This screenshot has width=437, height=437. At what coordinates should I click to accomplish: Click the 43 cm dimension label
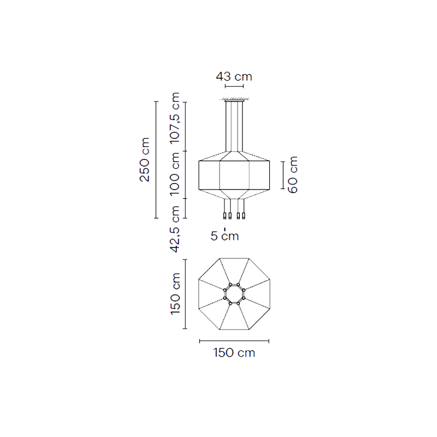pos(234,76)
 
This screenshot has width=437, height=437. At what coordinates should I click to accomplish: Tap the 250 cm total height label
pos(145,160)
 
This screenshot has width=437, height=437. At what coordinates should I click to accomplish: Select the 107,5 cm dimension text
pos(175,118)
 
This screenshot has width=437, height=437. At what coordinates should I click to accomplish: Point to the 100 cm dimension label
pos(175,174)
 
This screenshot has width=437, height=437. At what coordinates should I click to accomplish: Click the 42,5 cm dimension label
pos(175,229)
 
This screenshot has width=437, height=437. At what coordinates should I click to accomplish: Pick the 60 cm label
pos(293,175)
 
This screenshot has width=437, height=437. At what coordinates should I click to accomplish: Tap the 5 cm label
pos(225,236)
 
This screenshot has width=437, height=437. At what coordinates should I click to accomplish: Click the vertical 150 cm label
pos(175,294)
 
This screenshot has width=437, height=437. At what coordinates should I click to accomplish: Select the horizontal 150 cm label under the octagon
pos(234,352)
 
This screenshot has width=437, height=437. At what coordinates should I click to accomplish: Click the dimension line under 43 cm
pos(234,86)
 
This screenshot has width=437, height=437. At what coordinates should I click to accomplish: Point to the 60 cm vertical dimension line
pos(283,175)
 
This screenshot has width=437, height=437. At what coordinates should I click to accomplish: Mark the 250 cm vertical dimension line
pos(156,160)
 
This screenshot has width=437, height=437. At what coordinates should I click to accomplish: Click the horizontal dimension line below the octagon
pos(234,341)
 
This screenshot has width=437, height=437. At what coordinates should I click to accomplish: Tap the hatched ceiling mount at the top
pos(234,99)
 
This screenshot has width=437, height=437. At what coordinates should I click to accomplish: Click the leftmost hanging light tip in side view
pos(225,216)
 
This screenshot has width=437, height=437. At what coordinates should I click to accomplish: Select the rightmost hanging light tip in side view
pos(244,216)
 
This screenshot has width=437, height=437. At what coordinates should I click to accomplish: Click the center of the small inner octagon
pos(234,294)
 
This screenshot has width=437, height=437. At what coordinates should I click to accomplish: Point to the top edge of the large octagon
pos(234,258)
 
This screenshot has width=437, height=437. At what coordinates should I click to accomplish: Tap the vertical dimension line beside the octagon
pos(185,294)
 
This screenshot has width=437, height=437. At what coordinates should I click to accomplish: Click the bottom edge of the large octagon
pos(234,330)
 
